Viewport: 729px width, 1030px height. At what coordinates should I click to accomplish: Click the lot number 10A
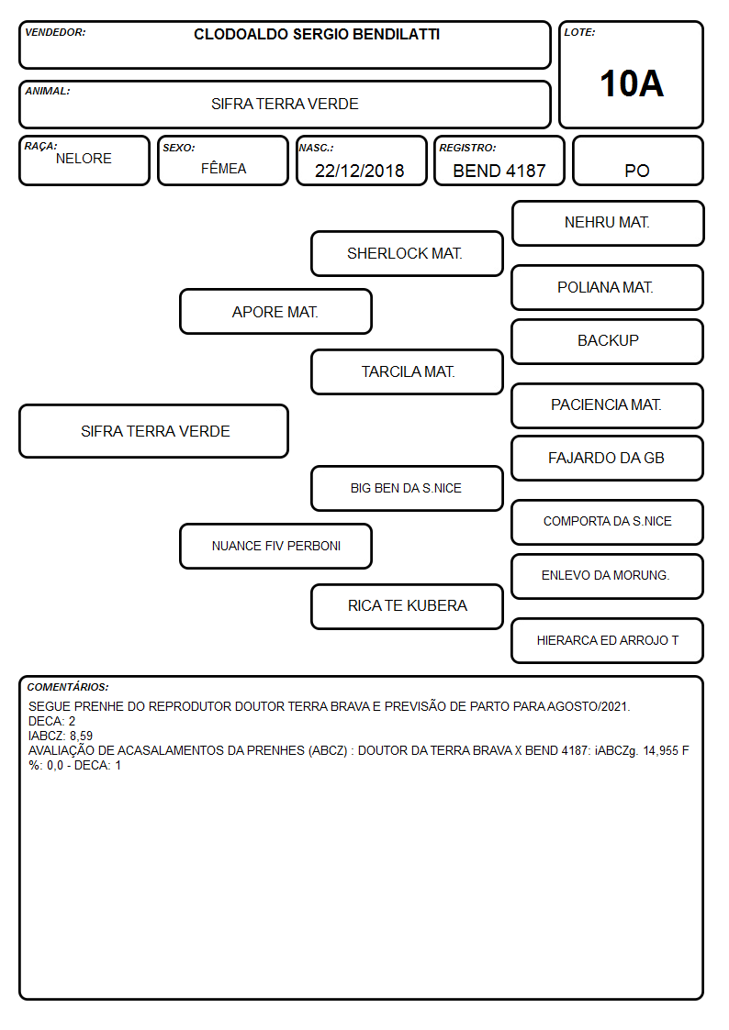tap(632, 84)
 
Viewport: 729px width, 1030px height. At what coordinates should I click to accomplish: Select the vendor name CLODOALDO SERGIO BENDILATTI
tap(317, 34)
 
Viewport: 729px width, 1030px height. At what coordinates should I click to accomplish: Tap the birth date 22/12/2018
tap(360, 171)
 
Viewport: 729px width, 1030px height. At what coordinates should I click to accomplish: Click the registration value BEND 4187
tap(499, 171)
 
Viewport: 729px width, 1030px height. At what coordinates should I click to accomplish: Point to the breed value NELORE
tap(84, 159)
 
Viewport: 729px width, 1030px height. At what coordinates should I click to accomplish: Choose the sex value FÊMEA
tap(223, 168)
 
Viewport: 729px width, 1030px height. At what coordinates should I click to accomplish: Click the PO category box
tap(637, 161)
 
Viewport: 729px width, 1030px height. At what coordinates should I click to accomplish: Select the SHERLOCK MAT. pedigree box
tap(407, 253)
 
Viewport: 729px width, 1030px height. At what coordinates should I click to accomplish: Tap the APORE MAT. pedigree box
tap(275, 311)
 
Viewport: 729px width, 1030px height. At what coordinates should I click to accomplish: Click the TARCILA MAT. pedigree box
tap(407, 371)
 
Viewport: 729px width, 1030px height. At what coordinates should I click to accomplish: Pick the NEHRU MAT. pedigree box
tap(608, 224)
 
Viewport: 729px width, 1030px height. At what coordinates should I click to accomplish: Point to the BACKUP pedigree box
tap(608, 341)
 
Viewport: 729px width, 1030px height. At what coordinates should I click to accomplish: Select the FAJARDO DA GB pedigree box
tap(608, 458)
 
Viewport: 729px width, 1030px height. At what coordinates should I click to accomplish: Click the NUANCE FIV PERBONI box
tap(275, 546)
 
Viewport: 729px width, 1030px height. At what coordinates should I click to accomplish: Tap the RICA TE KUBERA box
tap(407, 606)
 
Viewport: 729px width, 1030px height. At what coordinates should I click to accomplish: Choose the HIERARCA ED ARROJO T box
tap(608, 640)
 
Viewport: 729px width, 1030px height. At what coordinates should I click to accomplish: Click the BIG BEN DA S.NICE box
tap(407, 488)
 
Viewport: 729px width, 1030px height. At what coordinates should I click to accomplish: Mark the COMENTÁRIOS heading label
tap(68, 687)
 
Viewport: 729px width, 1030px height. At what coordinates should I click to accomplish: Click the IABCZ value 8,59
tap(82, 736)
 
